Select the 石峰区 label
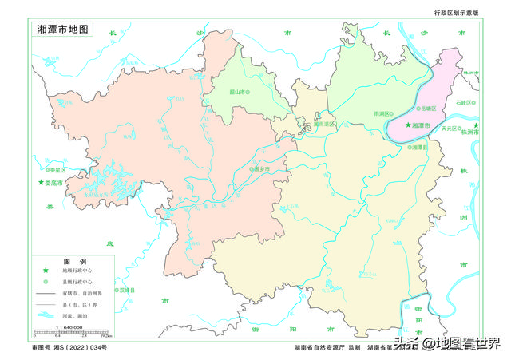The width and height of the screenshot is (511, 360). [x=466, y=103]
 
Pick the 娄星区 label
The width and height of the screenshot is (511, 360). [x=58, y=170]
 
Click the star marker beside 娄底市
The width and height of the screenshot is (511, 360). [x=42, y=183]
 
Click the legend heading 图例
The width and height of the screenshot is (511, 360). [x=75, y=262]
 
